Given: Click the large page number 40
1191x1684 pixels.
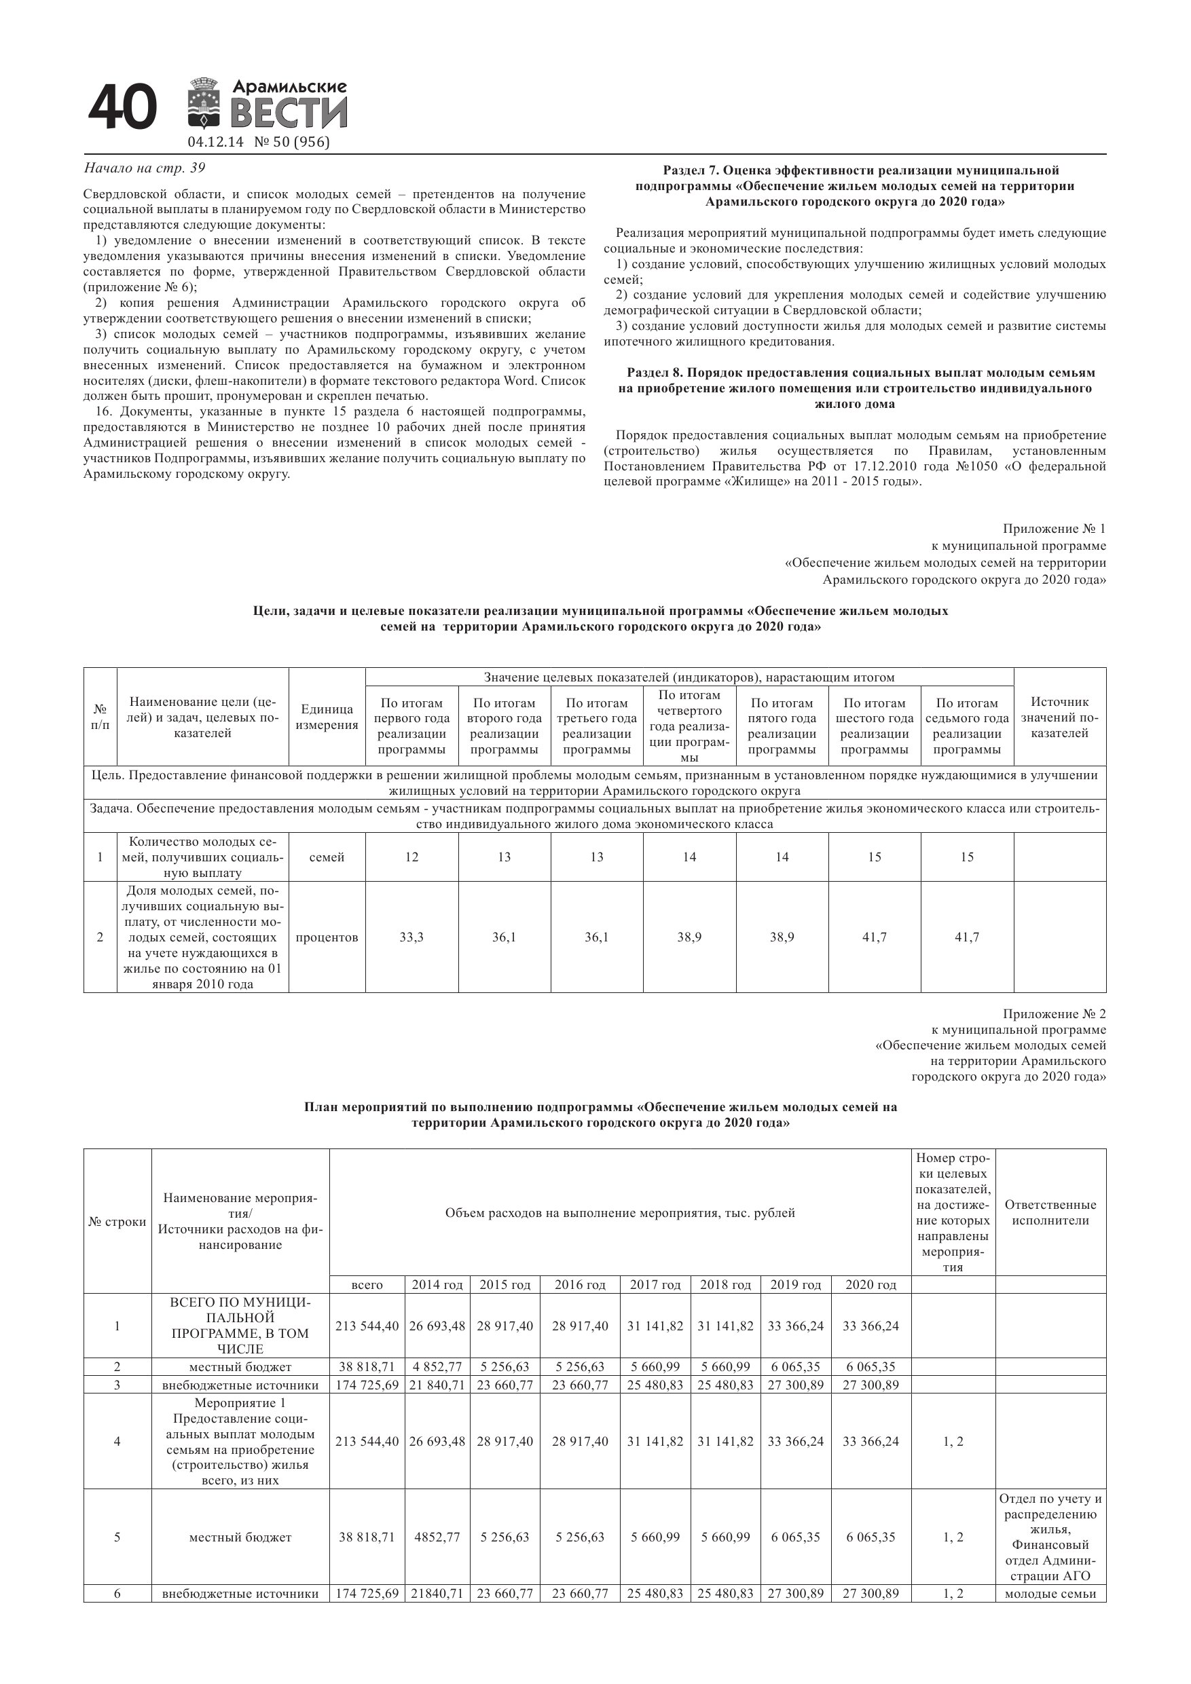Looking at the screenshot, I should pos(122,108).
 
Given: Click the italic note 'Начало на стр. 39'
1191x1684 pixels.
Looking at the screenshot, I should pos(145,168).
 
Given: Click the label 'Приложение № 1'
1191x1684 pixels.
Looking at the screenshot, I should pos(1054,529).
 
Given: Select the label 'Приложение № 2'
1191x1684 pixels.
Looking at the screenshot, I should pos(1054,1014).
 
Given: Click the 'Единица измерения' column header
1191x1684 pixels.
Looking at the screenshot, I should pos(327,717).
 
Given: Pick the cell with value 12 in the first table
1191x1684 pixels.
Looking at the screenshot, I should pos(411,857).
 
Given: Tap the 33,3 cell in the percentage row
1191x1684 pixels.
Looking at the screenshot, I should pos(411,937).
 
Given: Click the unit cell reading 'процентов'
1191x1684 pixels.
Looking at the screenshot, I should pos(327,937).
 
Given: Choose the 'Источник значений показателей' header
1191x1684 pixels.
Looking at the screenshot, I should pos(1060,717).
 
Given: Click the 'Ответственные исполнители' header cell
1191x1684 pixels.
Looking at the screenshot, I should pos(1050,1212).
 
